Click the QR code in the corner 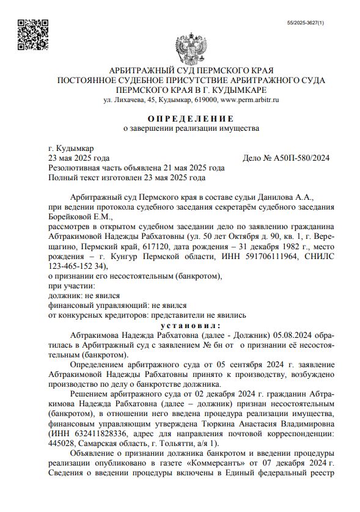[31, 33]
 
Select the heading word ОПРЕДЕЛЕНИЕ [190, 118]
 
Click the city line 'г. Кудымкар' [70, 148]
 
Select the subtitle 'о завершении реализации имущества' [190, 128]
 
